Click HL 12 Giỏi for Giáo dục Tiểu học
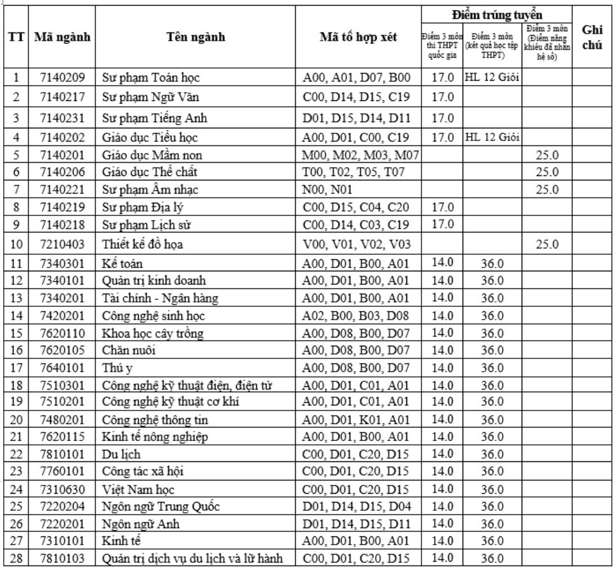(x=492, y=136)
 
